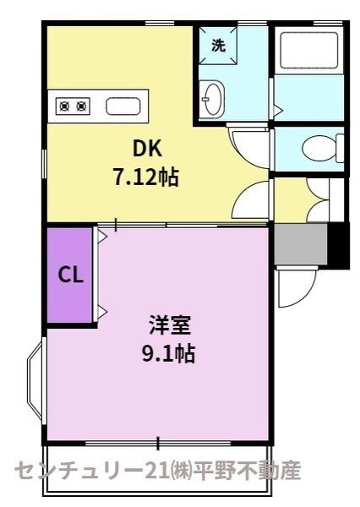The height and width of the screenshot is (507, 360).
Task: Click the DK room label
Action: [147, 149]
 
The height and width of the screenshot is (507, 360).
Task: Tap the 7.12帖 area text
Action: [145, 177]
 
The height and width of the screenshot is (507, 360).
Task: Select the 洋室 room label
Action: [169, 325]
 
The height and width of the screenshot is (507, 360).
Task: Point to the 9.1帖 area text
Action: [168, 353]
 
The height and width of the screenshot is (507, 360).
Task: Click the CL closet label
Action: [70, 275]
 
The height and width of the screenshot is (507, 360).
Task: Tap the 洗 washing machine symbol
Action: [218, 46]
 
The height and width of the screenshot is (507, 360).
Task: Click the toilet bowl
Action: [320, 149]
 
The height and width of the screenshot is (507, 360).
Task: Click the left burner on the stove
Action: [64, 106]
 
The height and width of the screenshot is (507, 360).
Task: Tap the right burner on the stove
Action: [82, 106]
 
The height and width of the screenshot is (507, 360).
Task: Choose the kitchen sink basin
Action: [123, 106]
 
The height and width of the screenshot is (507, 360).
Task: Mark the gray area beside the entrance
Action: [300, 244]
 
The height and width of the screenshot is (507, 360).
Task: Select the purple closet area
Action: [70, 275]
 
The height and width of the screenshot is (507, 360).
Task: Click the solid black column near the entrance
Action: [338, 245]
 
